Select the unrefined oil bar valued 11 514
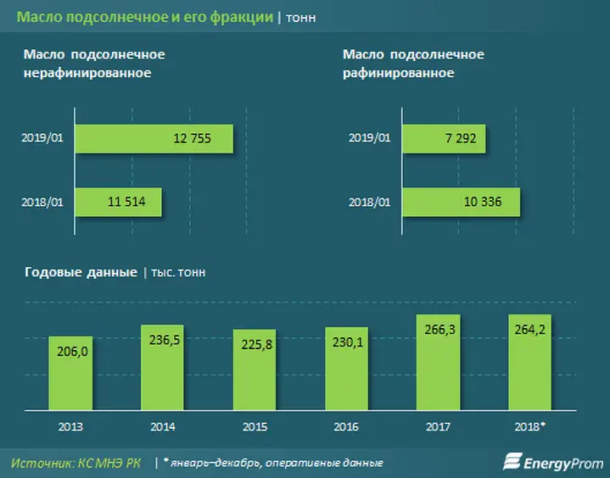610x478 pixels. pos(118,203)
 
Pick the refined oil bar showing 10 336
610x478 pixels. pos(460,203)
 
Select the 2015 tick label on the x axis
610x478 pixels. pos(253,426)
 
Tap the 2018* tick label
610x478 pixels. pos(531,426)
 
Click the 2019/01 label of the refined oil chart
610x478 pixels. pos(370,137)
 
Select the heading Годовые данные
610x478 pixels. pos(81,272)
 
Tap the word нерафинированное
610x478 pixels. pos(87,73)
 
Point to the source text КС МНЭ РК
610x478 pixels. pos(110,463)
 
